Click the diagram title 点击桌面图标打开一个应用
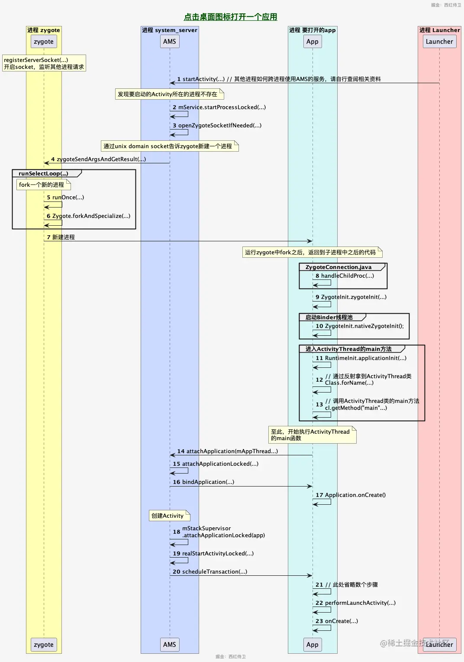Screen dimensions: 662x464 [x=230, y=17]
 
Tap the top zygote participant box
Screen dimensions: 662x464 [x=44, y=42]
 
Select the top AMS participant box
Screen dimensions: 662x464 [x=170, y=42]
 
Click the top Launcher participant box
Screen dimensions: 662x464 [x=439, y=42]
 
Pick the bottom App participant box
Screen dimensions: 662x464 [x=313, y=644]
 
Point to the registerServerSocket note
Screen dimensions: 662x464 [x=44, y=63]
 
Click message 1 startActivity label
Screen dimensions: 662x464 [x=279, y=79]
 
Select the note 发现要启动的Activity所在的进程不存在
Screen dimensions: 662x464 [x=168, y=94]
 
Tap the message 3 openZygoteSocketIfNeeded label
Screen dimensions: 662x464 [x=217, y=125]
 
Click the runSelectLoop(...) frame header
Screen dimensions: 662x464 [x=44, y=173]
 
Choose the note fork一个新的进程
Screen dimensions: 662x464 [x=42, y=185]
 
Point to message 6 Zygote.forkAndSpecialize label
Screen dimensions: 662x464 [x=89, y=216]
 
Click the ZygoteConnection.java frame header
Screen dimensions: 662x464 [x=338, y=267]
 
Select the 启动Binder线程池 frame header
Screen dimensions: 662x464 [x=329, y=317]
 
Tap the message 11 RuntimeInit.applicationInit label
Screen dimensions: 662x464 [x=361, y=358]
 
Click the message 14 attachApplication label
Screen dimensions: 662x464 [x=228, y=451]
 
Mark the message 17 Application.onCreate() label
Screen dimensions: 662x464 [x=351, y=495]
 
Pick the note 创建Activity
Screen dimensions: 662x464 [x=168, y=516]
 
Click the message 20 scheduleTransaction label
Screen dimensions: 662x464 [x=210, y=571]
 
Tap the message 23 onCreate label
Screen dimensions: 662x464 [x=337, y=621]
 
